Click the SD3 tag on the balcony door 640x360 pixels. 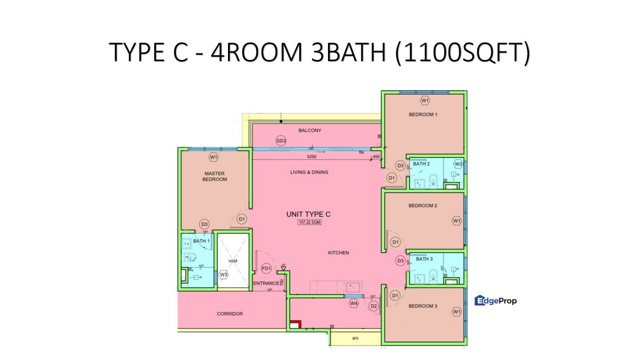(x=281, y=141)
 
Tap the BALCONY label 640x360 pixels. (x=310, y=130)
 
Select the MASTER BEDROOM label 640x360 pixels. (x=214, y=176)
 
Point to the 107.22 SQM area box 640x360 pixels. (x=309, y=223)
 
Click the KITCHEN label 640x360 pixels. (x=338, y=253)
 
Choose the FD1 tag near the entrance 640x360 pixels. (x=266, y=269)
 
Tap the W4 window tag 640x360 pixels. (x=354, y=303)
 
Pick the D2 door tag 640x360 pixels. (x=373, y=306)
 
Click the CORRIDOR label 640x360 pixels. (x=230, y=314)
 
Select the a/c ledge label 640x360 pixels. (x=355, y=338)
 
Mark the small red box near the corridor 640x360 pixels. (x=294, y=324)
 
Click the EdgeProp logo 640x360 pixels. (x=495, y=300)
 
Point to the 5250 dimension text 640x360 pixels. (x=312, y=156)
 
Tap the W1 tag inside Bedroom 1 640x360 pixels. (x=425, y=101)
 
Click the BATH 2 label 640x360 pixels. (x=421, y=164)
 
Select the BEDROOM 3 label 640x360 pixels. (x=423, y=306)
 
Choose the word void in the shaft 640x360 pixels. (x=232, y=261)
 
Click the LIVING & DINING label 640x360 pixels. (x=309, y=172)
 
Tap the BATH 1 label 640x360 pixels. (x=201, y=241)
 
